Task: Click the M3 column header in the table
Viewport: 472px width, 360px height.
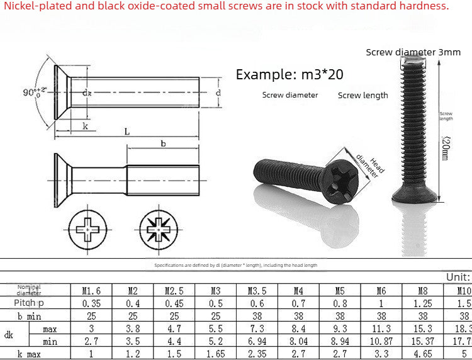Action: point(215,291)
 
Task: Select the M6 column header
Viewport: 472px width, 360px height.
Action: point(381,291)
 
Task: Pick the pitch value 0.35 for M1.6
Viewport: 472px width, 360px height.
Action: point(91,303)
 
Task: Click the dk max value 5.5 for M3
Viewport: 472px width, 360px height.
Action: point(215,329)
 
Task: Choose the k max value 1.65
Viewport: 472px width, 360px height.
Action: point(215,354)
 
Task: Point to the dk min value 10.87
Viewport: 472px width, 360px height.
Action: point(381,341)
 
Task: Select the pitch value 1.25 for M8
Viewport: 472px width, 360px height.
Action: point(423,303)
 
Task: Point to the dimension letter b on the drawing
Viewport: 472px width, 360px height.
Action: point(163,143)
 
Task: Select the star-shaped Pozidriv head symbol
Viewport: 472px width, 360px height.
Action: point(157,227)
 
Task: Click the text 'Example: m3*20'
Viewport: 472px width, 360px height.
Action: point(289,74)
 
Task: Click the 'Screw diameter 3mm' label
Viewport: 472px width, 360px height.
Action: point(413,52)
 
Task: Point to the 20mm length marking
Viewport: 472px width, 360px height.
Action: point(445,148)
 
